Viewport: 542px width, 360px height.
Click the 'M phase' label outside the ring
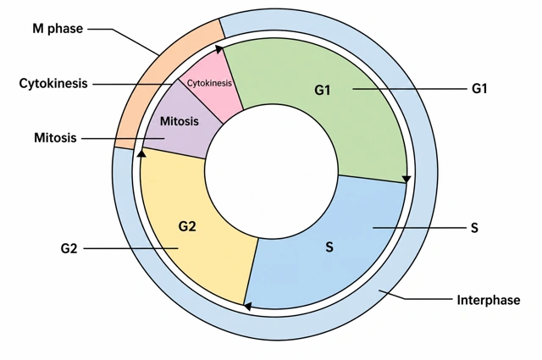pos(58,29)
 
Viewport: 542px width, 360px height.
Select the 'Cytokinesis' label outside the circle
pos(53,84)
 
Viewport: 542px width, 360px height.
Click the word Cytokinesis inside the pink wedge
pos(209,83)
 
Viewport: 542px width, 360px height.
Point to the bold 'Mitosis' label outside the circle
pos(55,138)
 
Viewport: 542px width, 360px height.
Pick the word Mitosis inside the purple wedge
pos(180,121)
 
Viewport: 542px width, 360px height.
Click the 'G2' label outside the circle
pos(69,249)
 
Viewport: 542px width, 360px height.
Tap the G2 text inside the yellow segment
pos(187,226)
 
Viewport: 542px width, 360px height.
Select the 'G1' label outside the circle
pos(479,89)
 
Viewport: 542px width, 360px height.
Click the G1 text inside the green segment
pos(323,91)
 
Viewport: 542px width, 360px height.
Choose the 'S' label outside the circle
pos(474,228)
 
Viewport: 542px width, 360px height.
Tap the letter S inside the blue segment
pos(329,247)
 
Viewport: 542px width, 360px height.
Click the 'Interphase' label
pos(489,300)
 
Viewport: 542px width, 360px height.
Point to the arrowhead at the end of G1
pos(406,179)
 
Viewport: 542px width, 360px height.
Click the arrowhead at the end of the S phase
pos(247,306)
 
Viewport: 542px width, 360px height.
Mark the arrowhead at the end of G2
pos(141,152)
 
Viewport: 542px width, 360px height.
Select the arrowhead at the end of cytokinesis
pos(219,49)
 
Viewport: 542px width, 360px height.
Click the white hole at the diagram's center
pos(271,171)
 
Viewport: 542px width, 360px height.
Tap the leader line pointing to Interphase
pos(416,296)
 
